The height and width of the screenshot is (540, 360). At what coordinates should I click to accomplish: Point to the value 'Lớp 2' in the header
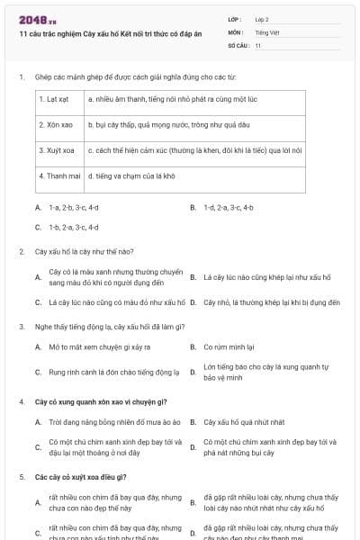pos(262,19)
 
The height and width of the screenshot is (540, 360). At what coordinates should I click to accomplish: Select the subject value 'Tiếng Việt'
pos(266,31)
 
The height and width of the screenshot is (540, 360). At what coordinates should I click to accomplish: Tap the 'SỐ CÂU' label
pos(237,44)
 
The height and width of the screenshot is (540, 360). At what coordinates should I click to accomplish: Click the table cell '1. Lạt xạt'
pos(59,99)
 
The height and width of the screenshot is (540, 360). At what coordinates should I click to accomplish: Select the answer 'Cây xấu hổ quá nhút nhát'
pos(244,421)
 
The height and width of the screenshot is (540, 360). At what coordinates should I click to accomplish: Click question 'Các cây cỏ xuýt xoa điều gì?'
pos(81,476)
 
